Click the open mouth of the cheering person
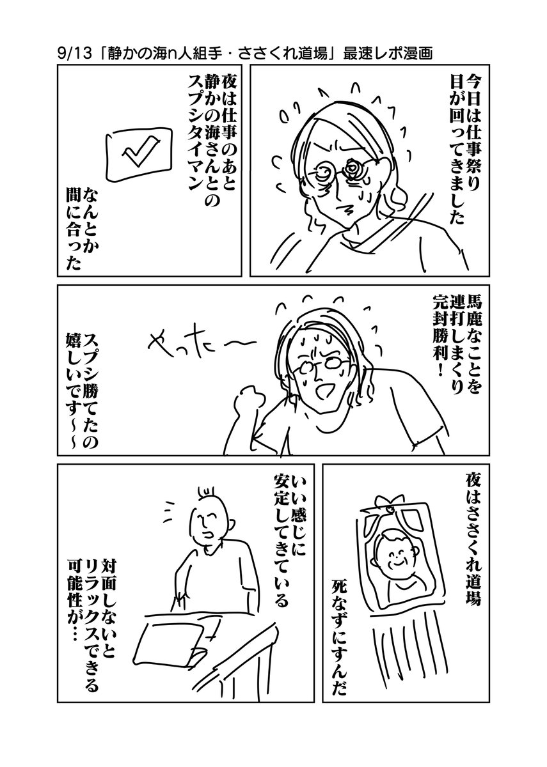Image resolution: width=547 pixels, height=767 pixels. [x=317, y=389]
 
